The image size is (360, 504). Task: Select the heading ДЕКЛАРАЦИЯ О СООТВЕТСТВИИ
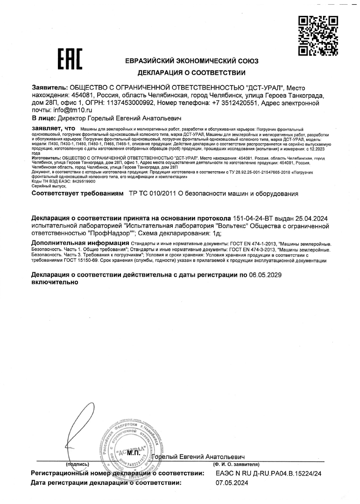(191, 73)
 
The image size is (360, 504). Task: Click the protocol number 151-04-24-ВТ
(254, 218)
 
